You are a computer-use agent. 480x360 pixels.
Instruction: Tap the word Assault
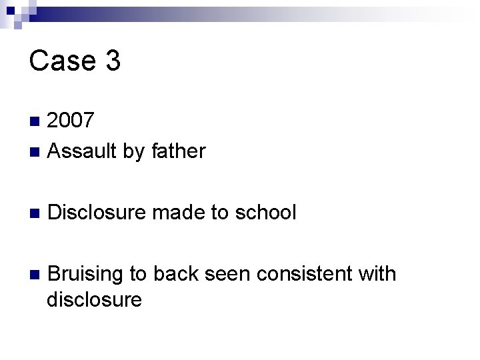84,151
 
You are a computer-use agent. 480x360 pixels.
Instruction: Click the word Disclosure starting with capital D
97,213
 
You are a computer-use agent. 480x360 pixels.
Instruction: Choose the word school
265,213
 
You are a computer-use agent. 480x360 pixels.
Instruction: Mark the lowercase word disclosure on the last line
94,300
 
